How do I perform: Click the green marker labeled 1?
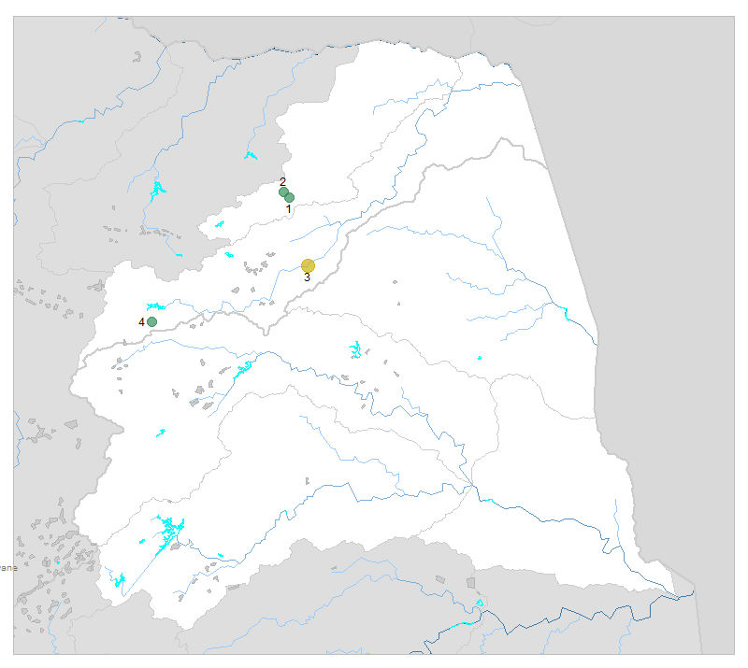coord(290,197)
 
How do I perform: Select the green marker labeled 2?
coord(283,192)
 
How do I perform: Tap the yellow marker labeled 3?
coord(308,265)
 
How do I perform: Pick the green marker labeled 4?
coord(151,321)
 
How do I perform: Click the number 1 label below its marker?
coord(289,209)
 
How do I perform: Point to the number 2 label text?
coord(282,181)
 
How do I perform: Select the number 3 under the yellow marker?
coord(307,277)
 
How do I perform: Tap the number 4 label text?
coord(141,322)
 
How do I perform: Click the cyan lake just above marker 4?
coord(155,306)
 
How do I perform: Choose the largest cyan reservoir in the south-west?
coord(168,530)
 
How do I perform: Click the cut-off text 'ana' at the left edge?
coord(7,567)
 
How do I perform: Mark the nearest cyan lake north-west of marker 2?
coord(250,155)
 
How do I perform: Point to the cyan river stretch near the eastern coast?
coord(568,314)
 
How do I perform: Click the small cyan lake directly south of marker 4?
coord(161,433)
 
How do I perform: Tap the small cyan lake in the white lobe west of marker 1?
coord(220,224)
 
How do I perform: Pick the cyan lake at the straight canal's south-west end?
coord(119,581)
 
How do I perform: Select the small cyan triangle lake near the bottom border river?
coord(479,604)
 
